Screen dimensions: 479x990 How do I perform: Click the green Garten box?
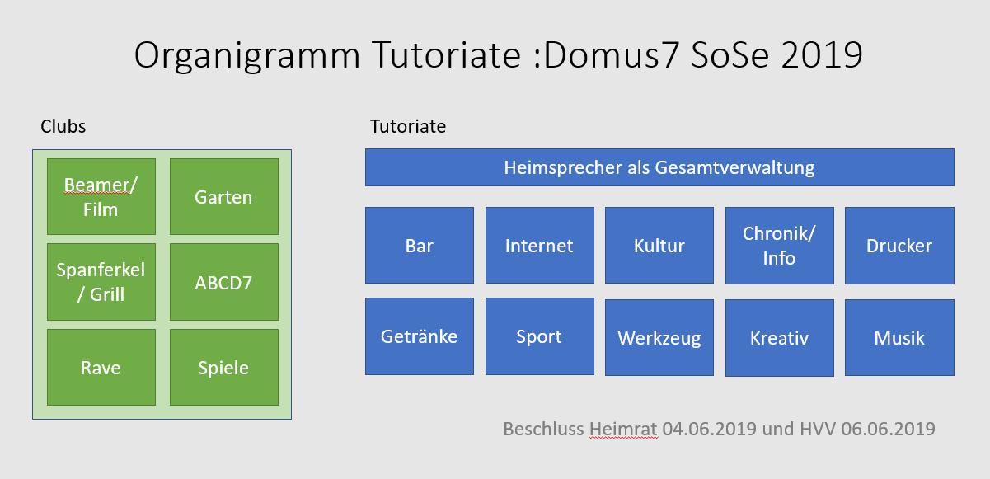223,197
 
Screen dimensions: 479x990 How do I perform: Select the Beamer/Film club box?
101,197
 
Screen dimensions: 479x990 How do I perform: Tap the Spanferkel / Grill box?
101,282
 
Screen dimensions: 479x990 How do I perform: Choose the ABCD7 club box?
223,282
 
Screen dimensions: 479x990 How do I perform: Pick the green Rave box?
101,367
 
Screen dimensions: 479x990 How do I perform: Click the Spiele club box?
223,367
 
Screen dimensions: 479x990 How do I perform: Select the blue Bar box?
419,245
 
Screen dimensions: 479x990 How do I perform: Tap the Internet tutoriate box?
539,245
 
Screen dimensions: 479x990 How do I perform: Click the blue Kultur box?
659,245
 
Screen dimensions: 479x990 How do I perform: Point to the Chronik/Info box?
779,245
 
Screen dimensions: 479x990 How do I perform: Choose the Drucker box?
899,245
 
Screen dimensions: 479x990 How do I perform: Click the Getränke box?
419,336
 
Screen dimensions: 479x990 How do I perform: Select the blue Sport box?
539,336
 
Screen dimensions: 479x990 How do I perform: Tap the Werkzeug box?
659,337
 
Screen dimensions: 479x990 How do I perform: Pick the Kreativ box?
779,338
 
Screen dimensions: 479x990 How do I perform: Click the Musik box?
899,337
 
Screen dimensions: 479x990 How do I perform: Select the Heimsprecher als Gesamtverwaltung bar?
659,167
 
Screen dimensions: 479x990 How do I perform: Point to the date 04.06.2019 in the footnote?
710,429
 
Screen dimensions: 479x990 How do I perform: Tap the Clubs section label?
63,126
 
